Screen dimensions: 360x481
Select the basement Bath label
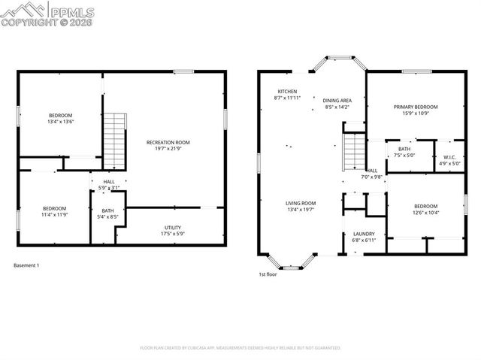108,213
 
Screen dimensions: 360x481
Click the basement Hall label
109,184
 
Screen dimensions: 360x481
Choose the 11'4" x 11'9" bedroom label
55,211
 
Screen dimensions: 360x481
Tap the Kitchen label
287,94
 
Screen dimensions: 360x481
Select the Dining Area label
337,104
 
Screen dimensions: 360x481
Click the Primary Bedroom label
415,110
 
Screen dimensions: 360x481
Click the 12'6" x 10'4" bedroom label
425,210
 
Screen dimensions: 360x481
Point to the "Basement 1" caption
27,265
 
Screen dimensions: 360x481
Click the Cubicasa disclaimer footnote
240,348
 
